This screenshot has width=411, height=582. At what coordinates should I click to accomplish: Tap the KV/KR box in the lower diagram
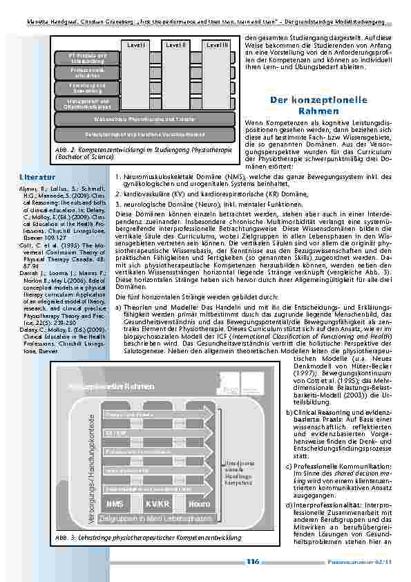(x=157, y=503)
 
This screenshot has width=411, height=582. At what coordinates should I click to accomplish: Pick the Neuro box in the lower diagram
(x=198, y=503)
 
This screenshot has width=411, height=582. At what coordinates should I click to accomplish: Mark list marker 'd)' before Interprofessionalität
(x=288, y=505)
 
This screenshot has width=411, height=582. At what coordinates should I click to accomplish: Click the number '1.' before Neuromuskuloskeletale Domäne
(x=118, y=177)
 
